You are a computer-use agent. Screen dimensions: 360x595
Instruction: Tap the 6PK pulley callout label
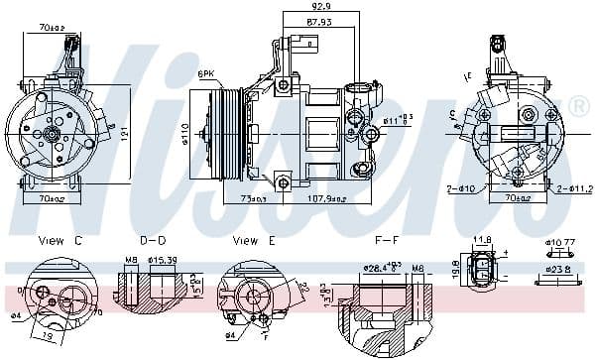[205, 73]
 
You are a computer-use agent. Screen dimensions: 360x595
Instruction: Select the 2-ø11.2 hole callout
[573, 187]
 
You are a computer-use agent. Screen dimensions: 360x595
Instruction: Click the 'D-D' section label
[153, 240]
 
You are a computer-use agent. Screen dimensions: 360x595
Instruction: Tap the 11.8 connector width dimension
[483, 239]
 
